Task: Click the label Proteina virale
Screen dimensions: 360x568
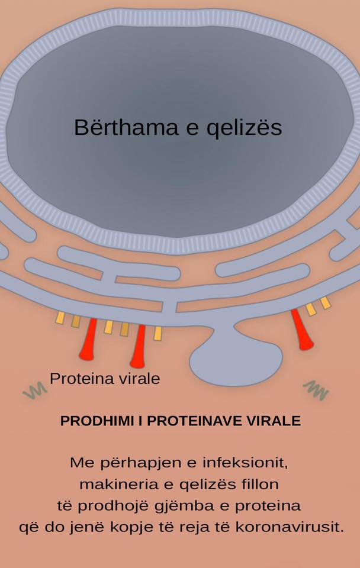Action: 105,379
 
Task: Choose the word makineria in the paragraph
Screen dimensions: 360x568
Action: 118,485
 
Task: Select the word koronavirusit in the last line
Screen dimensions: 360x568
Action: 290,527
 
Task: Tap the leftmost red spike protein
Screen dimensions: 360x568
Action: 88,339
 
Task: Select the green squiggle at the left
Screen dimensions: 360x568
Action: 35,390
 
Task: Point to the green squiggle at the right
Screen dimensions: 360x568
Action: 316,390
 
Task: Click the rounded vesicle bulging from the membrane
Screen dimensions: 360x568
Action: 236,359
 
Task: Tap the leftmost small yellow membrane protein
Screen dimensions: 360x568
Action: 60,318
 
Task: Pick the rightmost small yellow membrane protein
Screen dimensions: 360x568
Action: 326,303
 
